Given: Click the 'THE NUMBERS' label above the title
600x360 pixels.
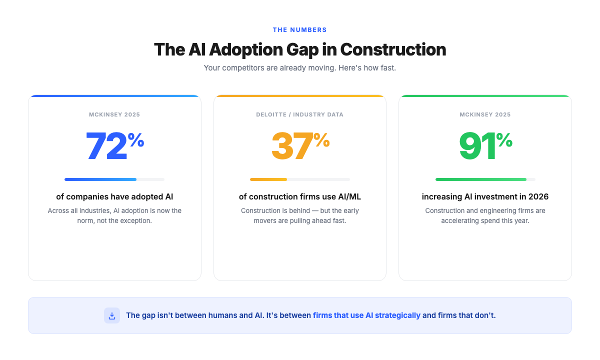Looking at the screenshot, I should (299, 30).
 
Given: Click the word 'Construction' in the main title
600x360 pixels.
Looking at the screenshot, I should (393, 49).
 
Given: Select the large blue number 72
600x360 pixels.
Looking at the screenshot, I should (106, 146).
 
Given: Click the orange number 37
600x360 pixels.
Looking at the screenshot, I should (291, 146).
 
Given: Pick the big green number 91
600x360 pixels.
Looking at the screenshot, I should (477, 146).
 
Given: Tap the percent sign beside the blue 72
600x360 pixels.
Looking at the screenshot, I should (136, 140).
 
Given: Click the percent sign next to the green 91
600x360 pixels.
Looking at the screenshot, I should (504, 140).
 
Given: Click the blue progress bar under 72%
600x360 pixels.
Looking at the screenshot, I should (100, 179).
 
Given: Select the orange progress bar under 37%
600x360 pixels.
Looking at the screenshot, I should (268, 179).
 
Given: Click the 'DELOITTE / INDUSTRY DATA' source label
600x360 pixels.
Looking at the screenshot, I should (299, 114).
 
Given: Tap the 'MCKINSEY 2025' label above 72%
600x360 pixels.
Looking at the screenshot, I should (114, 114).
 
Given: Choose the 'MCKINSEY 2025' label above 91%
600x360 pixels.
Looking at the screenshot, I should (485, 114).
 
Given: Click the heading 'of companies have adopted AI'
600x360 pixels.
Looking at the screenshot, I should (114, 197).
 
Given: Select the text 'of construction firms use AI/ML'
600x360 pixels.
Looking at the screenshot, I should (299, 197).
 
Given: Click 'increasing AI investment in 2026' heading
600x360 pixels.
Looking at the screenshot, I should (485, 197).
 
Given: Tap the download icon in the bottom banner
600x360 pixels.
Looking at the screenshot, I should (112, 315).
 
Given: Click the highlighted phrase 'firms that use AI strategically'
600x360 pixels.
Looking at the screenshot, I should (366, 315).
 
